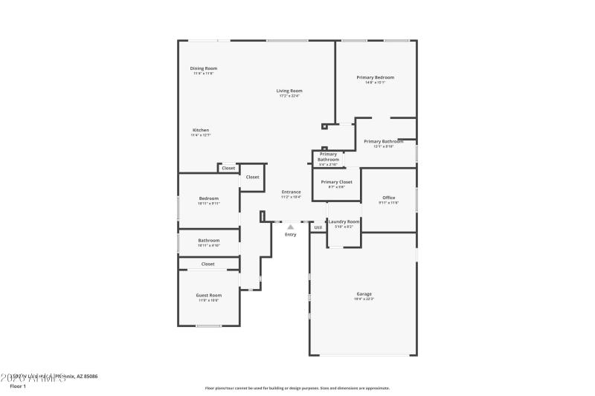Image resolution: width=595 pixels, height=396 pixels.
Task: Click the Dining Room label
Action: pyautogui.click(x=204, y=68)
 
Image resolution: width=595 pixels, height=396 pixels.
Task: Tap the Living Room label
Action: pyautogui.click(x=289, y=91)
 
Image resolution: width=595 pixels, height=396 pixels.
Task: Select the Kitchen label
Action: pyautogui.click(x=201, y=130)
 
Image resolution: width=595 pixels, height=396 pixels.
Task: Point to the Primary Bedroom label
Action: pyautogui.click(x=375, y=77)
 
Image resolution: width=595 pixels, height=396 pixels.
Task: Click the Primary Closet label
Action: pyautogui.click(x=336, y=181)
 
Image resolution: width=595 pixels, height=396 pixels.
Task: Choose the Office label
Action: pyautogui.click(x=388, y=198)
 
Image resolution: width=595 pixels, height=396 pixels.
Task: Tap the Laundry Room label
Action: pyautogui.click(x=344, y=221)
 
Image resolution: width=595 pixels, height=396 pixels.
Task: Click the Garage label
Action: pyautogui.click(x=363, y=293)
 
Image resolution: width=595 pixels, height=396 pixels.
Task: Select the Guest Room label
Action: pyautogui.click(x=208, y=295)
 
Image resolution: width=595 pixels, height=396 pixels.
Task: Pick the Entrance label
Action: pyautogui.click(x=291, y=192)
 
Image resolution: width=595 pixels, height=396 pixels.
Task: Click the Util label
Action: pyautogui.click(x=318, y=227)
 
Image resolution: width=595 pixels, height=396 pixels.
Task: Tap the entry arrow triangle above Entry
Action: pyautogui.click(x=290, y=227)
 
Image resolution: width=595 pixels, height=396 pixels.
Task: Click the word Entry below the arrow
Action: pyautogui.click(x=290, y=235)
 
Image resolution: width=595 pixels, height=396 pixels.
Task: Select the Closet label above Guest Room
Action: pyautogui.click(x=208, y=264)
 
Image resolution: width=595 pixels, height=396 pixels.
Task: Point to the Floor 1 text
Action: pyautogui.click(x=17, y=386)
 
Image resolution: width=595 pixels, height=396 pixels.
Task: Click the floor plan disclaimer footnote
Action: pyautogui.click(x=297, y=388)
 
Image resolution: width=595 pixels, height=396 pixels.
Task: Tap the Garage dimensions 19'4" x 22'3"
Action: pyautogui.click(x=363, y=299)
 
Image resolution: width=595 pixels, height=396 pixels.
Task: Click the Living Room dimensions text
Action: pyautogui.click(x=289, y=96)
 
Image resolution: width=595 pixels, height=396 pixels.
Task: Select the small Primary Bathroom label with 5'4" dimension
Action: pyautogui.click(x=328, y=157)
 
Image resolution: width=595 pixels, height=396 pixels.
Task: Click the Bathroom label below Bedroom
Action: pyautogui.click(x=208, y=240)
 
